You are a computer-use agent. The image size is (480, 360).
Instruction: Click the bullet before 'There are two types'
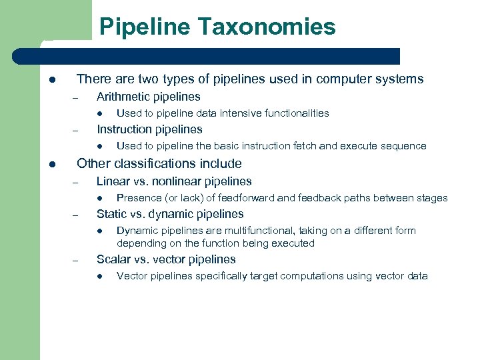pos(52,80)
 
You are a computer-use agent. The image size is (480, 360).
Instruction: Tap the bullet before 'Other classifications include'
pos(52,164)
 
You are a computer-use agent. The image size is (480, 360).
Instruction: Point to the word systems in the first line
pos(401,79)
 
